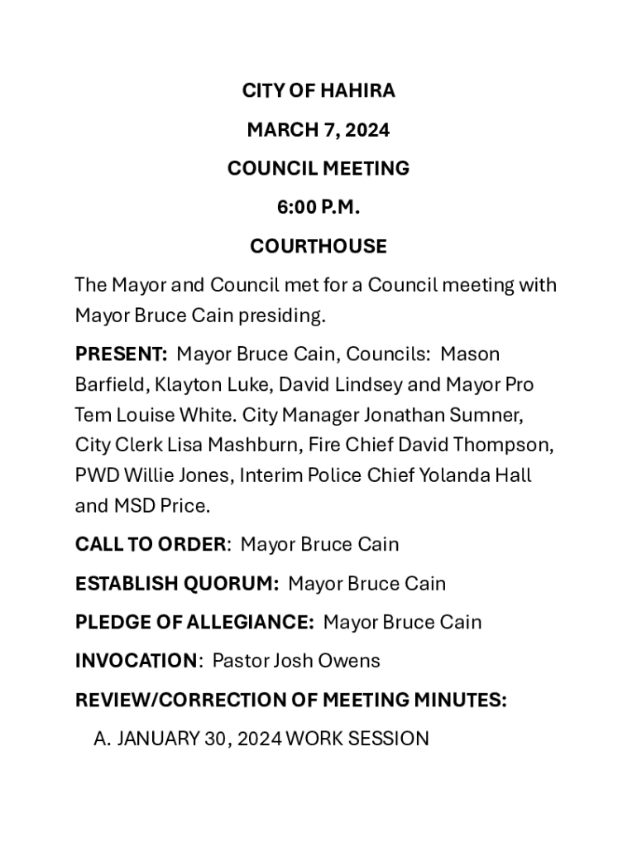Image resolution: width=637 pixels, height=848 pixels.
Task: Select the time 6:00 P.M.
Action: (x=318, y=208)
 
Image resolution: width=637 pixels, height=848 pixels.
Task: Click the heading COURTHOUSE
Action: (x=318, y=247)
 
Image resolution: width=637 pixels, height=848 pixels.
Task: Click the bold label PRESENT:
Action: (x=121, y=354)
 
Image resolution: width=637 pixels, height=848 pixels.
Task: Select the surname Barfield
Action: (x=108, y=385)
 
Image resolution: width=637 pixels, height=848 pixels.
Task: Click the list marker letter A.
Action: (x=101, y=739)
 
